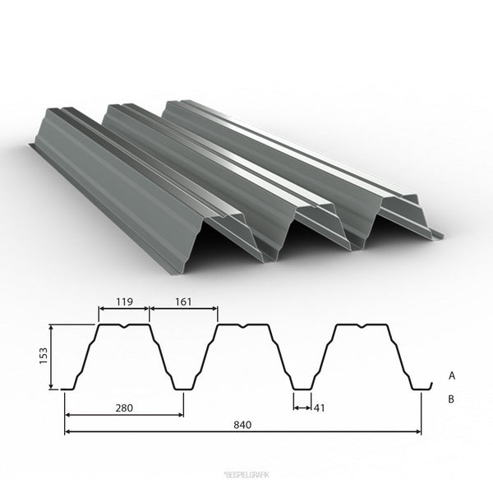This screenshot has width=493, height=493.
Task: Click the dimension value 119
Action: tap(125, 302)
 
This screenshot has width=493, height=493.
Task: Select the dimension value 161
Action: tap(183, 302)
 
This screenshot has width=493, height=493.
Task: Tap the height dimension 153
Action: tap(43, 356)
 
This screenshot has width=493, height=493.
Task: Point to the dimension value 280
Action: tap(124, 408)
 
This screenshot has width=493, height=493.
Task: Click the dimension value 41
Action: tap(319, 408)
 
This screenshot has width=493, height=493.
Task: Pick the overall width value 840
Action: tap(242, 425)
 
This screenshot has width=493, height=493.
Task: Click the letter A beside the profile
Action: tap(452, 376)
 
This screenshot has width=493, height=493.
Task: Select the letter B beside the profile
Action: tap(451, 399)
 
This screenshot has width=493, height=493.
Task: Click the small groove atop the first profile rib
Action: tap(125, 326)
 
